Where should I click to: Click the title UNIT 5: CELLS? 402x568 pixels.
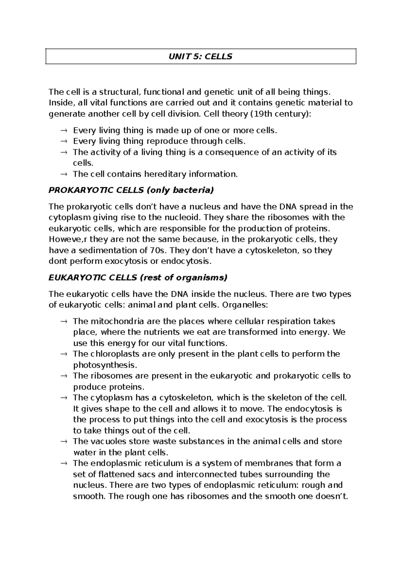click(200, 56)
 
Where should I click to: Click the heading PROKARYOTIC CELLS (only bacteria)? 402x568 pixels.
click(131, 190)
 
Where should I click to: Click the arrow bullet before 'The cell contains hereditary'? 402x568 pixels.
click(64, 174)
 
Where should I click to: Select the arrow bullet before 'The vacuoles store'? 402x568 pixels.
click(64, 441)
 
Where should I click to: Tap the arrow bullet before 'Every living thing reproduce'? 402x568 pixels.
click(64, 141)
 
